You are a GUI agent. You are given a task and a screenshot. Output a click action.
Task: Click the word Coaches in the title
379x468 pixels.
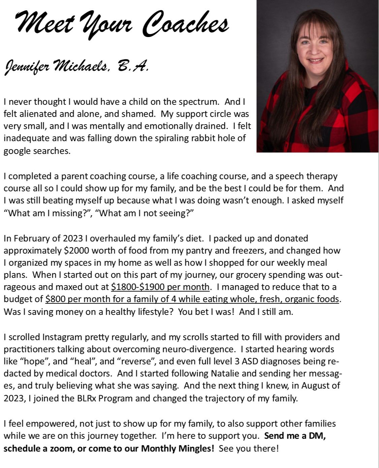click(186, 25)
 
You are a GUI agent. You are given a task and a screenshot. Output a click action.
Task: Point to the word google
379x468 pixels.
click(17, 151)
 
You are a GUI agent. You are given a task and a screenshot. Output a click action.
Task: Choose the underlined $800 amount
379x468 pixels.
click(55, 299)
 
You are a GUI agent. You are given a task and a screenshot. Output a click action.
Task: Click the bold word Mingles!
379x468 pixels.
click(195, 448)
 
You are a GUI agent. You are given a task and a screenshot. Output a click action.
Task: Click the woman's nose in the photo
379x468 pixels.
click(315, 51)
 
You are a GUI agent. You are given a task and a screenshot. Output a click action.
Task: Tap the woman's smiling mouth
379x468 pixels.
click(316, 61)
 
